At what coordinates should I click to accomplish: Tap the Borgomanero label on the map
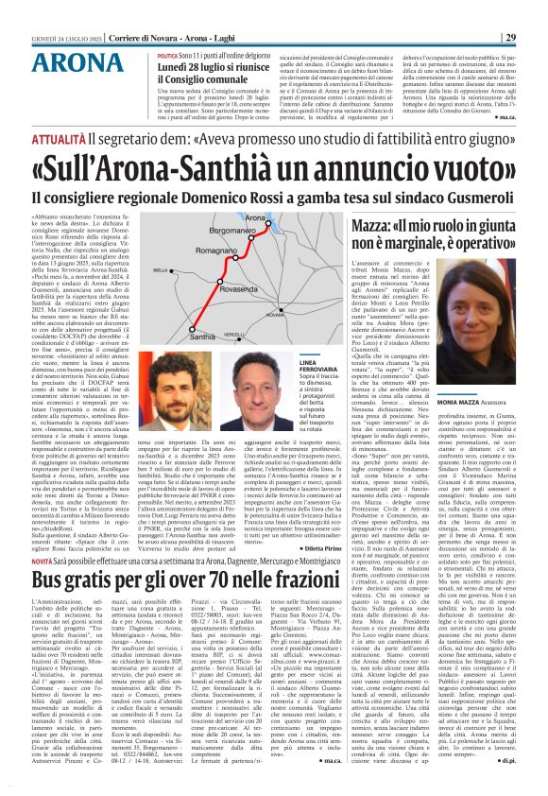[x=231, y=230]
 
